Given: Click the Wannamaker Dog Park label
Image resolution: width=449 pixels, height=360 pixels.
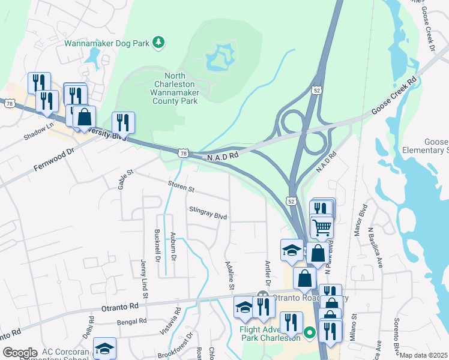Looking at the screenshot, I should pos(107,43).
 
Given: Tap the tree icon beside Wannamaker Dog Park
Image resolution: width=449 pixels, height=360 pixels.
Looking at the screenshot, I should pos(158,42).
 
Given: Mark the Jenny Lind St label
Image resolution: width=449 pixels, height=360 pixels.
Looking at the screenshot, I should pos(144,279).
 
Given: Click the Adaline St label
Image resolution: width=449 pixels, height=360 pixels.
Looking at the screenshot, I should pos(229,273).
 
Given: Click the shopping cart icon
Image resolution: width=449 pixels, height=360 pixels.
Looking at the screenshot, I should pos(322,227).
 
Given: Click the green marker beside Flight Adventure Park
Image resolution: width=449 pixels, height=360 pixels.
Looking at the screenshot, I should pos(310,332).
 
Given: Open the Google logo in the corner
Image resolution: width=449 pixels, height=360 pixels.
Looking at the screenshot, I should pos(20,353).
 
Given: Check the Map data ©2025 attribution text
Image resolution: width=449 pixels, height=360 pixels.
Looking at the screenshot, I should pos(424,355).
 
